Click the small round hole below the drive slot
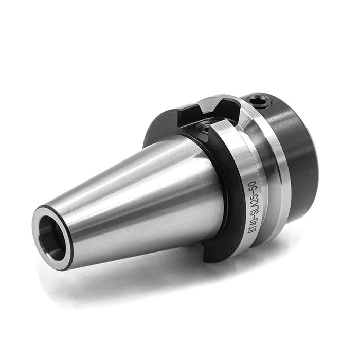click(204, 129)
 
